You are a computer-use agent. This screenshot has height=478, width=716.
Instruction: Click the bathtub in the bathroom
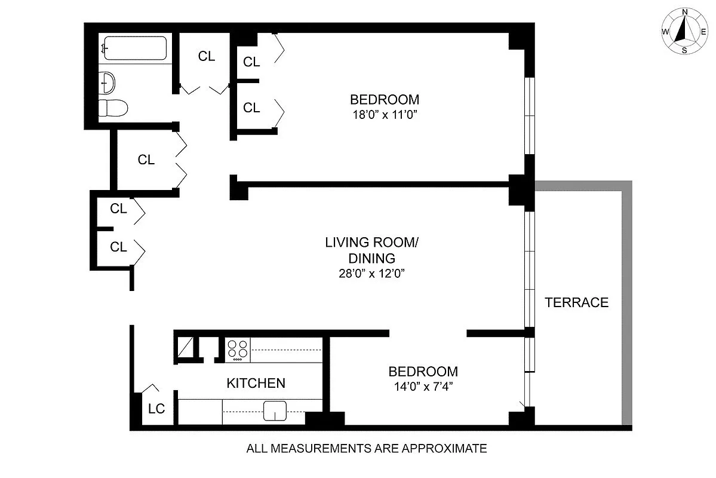pos(134,48)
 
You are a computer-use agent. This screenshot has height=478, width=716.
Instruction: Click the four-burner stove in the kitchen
pos(237,349)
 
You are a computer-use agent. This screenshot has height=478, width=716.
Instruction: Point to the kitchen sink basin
pos(276,411)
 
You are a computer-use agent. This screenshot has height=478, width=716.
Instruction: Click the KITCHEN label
pos(256,383)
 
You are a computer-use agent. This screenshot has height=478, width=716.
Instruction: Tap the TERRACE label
pos(576,302)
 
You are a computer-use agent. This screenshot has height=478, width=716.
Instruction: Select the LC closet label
pos(156,409)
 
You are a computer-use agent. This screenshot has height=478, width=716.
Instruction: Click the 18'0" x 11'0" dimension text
pos(385,115)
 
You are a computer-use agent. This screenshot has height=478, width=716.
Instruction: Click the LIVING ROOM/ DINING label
pos(370,250)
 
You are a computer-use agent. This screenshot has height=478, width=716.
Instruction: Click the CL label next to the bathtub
pos(207,57)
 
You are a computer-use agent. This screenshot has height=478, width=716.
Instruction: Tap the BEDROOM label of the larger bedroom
pos(385,99)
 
